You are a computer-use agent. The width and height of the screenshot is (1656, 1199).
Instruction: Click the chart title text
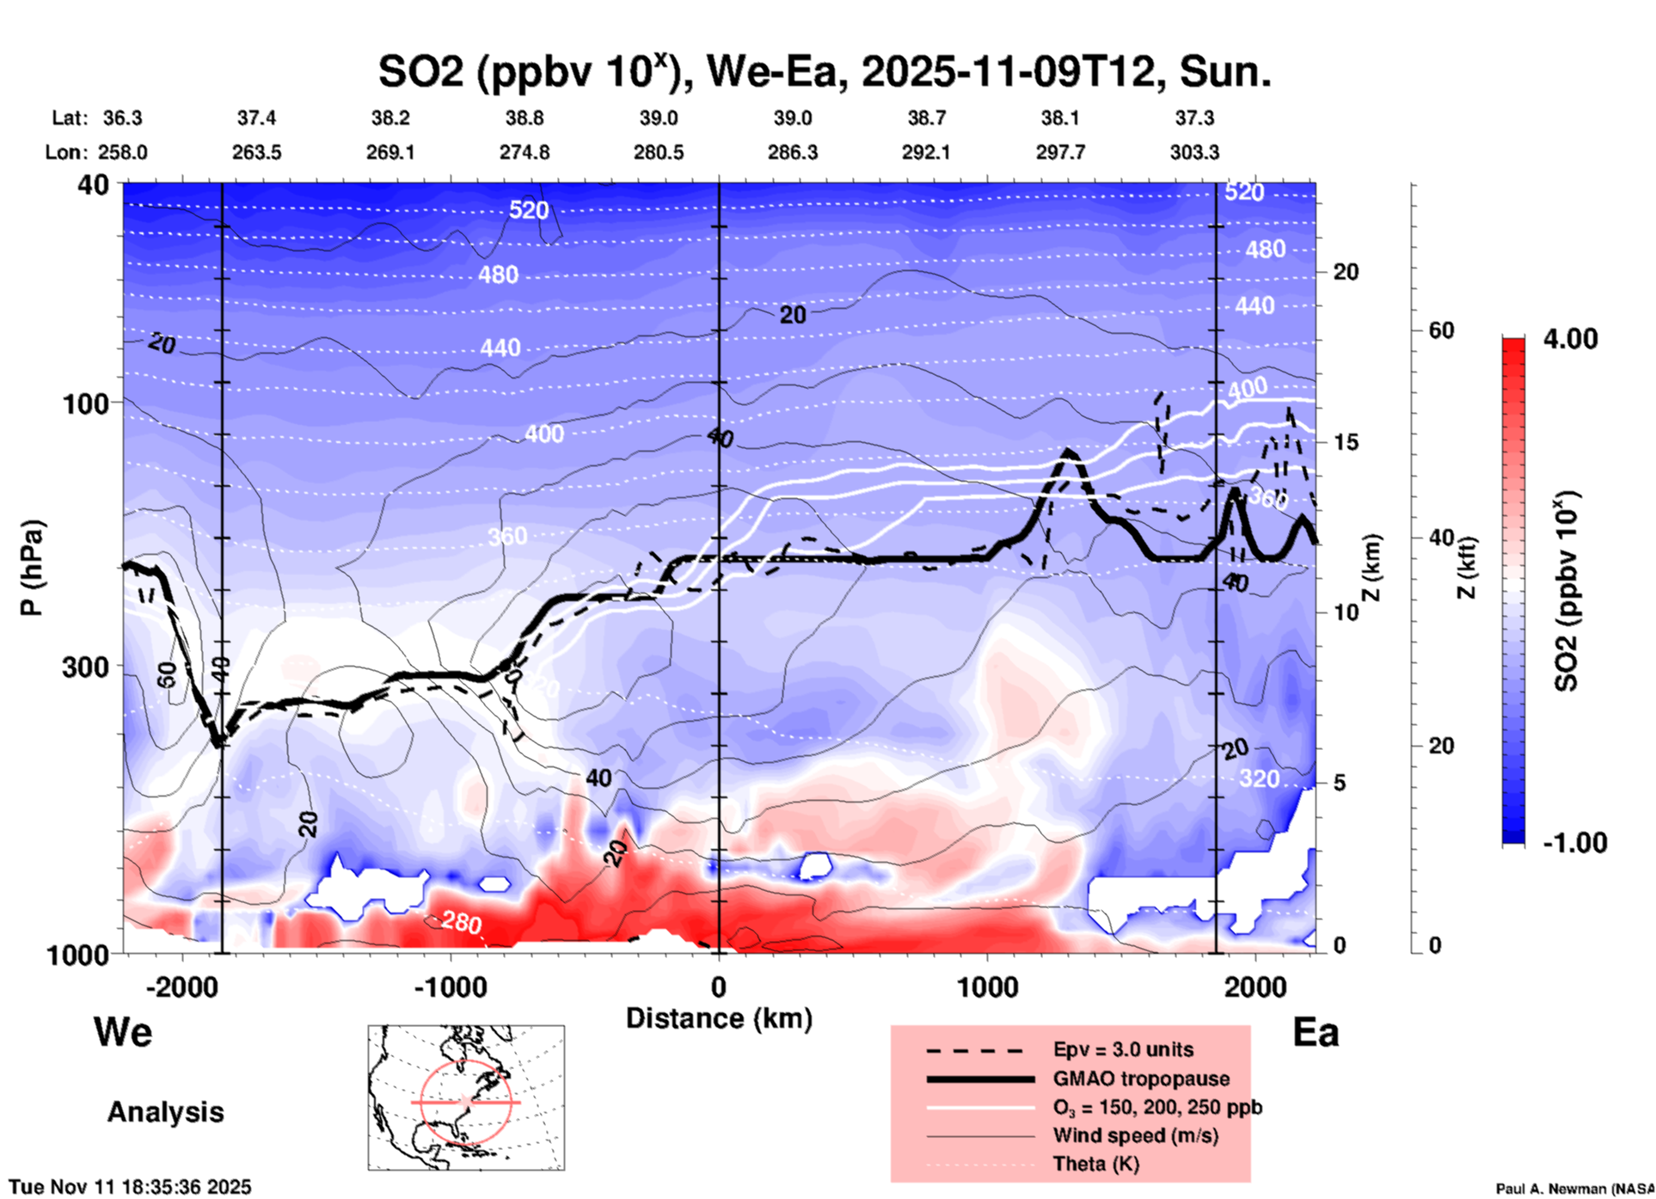coord(824,72)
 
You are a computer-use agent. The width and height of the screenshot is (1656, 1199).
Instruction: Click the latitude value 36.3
coord(122,118)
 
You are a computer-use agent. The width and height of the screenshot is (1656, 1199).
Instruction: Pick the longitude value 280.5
coord(659,152)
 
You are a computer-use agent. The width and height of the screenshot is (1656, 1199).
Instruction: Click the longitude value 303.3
coord(1194,152)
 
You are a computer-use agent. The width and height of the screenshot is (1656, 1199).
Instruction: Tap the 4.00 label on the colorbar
coord(1570,339)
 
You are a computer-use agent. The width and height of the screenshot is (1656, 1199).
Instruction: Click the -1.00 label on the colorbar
coord(1574,843)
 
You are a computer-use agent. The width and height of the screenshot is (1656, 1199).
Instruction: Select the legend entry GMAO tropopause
coord(1141,1079)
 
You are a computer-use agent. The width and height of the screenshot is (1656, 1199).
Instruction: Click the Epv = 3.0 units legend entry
coord(1123,1049)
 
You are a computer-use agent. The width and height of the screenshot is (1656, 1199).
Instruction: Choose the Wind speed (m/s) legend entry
coord(1135,1135)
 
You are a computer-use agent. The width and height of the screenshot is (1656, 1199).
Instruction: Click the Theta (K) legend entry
coord(1095,1164)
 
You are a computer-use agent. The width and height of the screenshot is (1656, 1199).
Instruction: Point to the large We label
coord(123,1032)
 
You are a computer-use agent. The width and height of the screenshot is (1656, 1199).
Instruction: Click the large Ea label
coord(1316,1032)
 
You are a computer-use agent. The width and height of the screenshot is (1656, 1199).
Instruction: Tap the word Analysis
coord(165,1112)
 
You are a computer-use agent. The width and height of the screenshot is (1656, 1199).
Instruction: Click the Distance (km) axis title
coord(719,1018)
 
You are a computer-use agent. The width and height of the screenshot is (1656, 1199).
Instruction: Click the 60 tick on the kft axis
coord(1441,330)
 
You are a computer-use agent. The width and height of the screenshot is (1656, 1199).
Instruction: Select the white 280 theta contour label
coord(462,923)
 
